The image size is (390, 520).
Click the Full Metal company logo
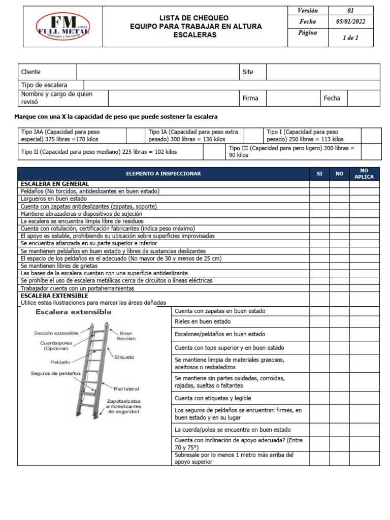coord(62,27)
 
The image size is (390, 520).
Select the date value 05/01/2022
coord(350,22)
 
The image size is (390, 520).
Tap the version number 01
coord(350,10)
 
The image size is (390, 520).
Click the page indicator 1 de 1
coord(350,38)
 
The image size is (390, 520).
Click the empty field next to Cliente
coord(158,72)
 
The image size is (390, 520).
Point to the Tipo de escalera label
coord(44,85)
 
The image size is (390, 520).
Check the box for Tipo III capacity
coord(370,151)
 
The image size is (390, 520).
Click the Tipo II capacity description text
coord(99,151)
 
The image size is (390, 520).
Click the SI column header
coord(319,174)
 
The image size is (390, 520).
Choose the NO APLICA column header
coord(364,174)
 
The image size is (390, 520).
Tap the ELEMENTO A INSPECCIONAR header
coord(164,174)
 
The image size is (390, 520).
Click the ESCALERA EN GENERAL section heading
coord(54,184)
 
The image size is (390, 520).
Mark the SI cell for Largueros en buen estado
coord(319,199)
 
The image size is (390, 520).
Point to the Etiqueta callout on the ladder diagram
coord(124,357)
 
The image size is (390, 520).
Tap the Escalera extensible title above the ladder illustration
coord(73,311)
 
